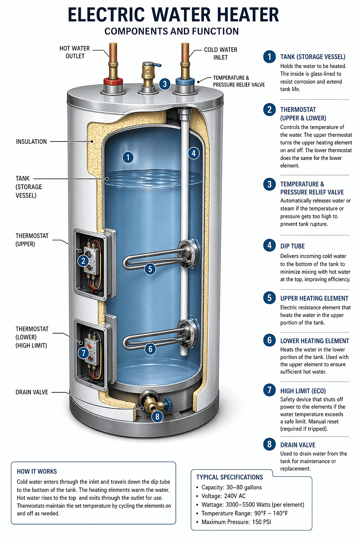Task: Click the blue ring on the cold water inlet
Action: point(185,82)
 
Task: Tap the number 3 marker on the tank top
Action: point(165,84)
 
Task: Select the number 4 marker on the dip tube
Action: point(194,153)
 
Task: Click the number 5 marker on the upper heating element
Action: point(150,269)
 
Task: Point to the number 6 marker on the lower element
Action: point(150,349)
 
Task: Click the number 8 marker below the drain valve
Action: point(157,417)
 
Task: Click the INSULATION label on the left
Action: point(31,141)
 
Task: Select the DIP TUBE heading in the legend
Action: point(292,246)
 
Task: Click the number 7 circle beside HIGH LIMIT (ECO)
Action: point(269,390)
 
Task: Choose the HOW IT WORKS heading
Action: point(37,471)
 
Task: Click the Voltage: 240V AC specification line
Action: point(223,496)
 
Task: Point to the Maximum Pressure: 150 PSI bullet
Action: point(236,522)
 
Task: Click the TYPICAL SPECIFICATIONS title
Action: point(230,477)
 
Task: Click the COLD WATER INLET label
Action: point(220,53)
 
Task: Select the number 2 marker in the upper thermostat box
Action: point(83,261)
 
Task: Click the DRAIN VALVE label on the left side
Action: point(32,392)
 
